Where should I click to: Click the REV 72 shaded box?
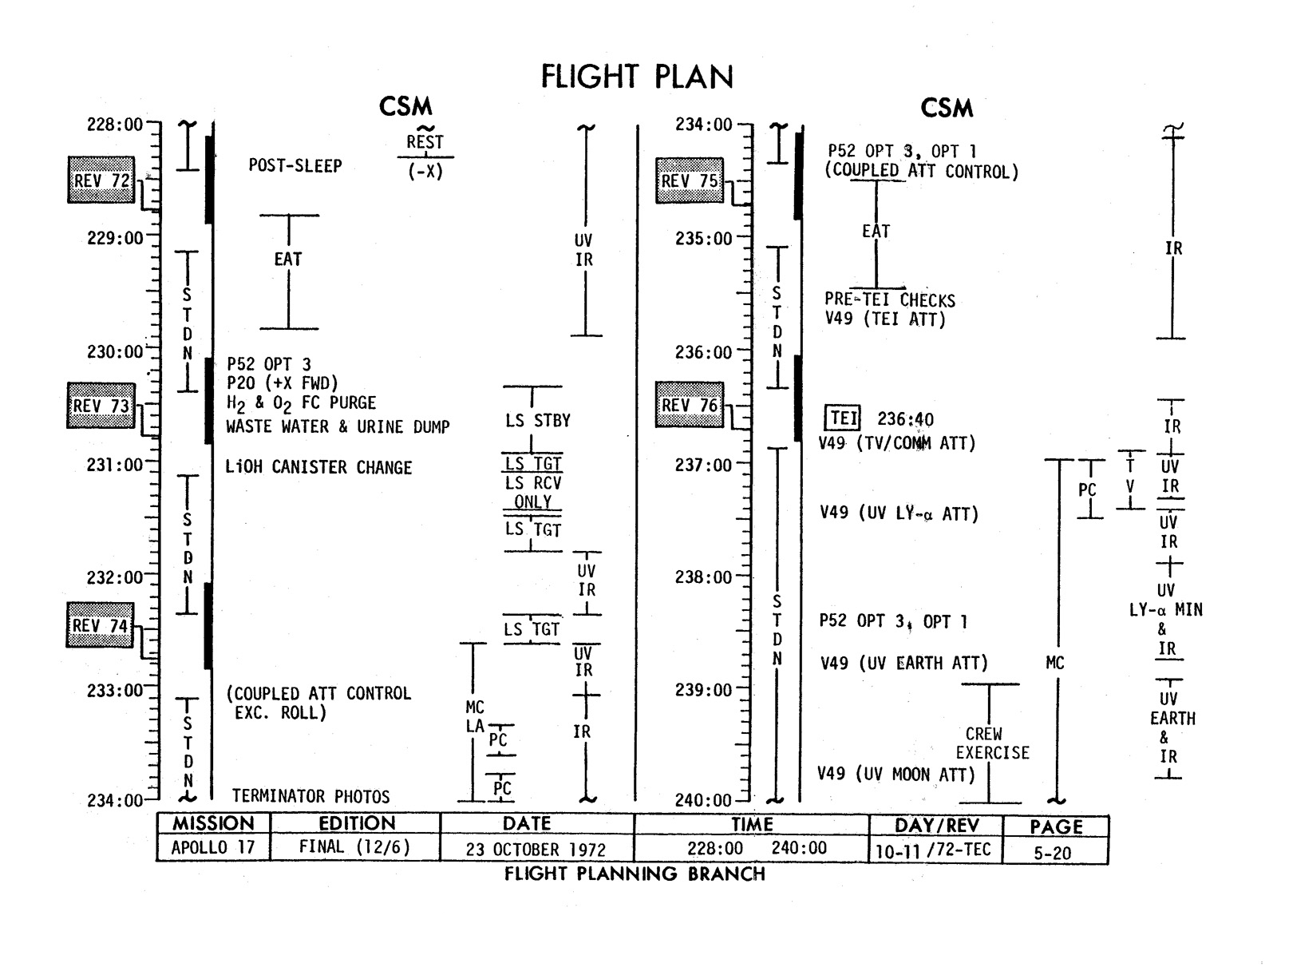101,180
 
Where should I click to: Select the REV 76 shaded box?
689,406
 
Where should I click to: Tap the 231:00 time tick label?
115,465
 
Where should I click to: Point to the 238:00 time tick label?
703,577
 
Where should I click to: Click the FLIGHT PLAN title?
636,77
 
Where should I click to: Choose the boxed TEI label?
842,419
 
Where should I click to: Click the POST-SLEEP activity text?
295,166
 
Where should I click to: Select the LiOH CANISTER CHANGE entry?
318,468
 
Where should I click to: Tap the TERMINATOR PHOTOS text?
310,796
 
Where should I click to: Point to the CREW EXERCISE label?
992,743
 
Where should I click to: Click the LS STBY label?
538,421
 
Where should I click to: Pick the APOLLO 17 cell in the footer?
213,847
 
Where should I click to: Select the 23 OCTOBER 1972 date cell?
536,850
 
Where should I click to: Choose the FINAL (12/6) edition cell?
354,847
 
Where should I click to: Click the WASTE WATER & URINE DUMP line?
338,427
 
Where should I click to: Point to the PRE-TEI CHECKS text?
890,301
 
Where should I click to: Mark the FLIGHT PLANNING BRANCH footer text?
635,874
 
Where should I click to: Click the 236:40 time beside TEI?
905,419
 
